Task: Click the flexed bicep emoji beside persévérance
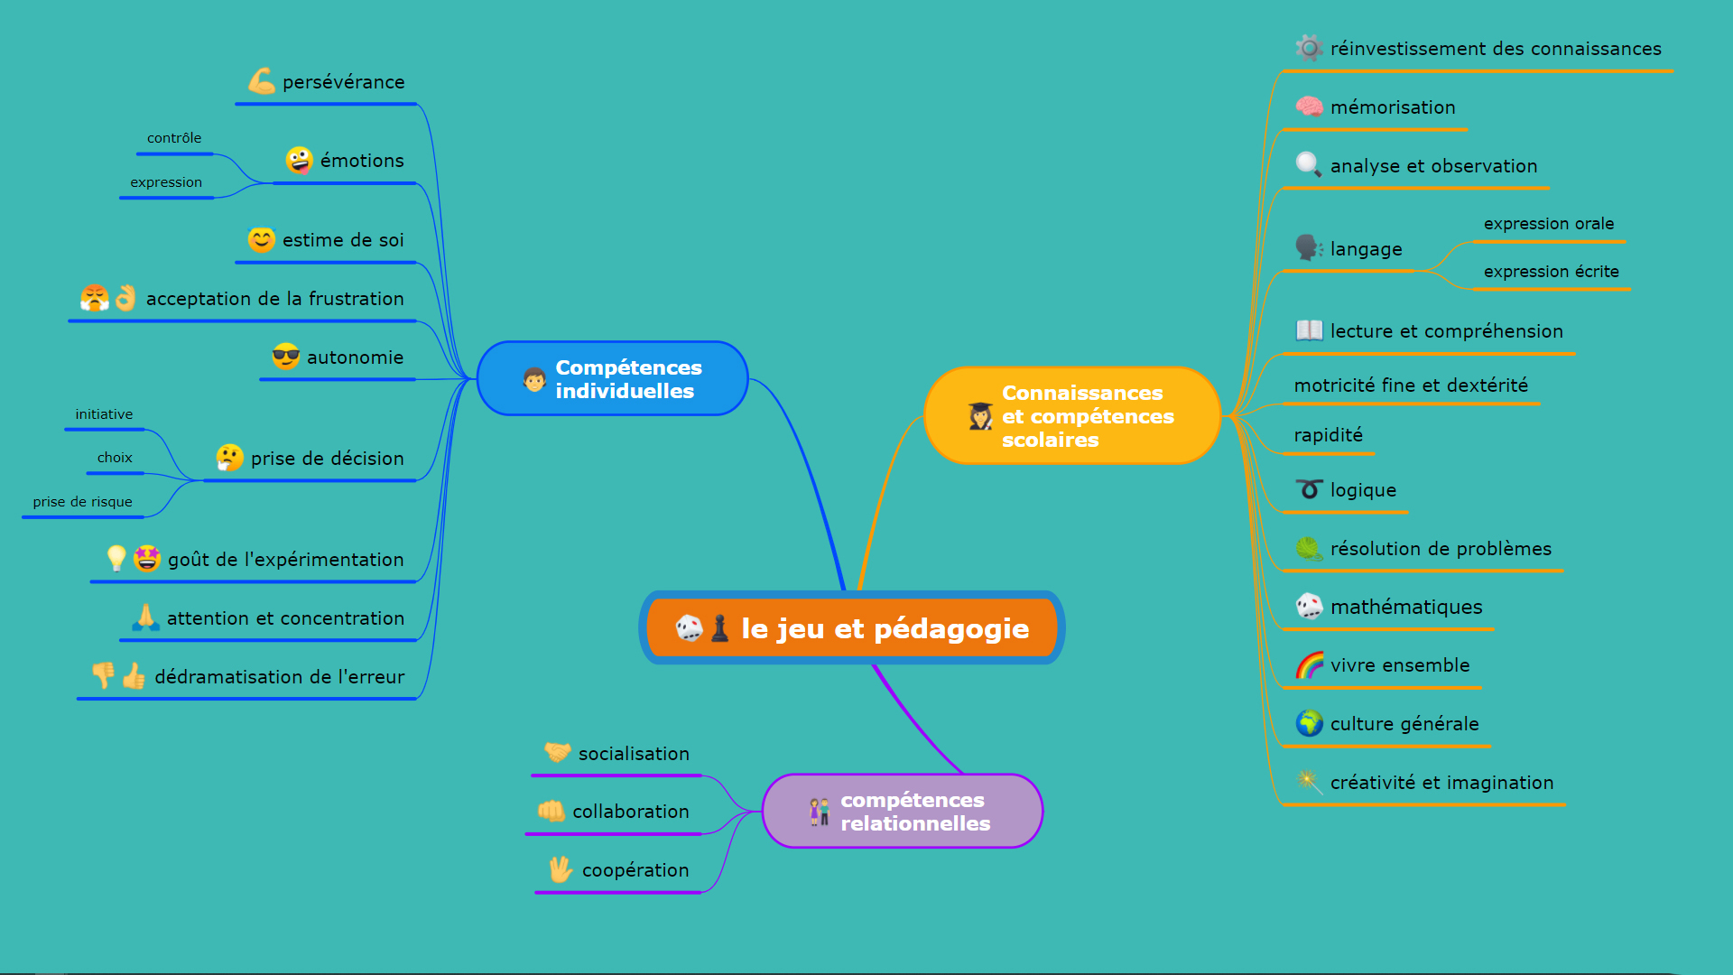point(261,81)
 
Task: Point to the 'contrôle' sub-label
point(174,138)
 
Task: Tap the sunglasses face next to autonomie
point(285,357)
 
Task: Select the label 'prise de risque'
point(82,502)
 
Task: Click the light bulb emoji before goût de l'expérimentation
point(116,559)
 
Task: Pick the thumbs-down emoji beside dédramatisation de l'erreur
point(104,675)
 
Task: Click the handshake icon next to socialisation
point(557,752)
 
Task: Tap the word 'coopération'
point(635,870)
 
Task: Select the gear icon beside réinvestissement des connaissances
point(1309,48)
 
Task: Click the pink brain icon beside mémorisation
point(1309,107)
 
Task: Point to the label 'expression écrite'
point(1551,272)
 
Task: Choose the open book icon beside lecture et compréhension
point(1309,330)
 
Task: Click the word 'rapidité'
point(1328,435)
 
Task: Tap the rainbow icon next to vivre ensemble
point(1309,665)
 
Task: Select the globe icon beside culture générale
point(1309,723)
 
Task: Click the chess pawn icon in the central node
point(719,628)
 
